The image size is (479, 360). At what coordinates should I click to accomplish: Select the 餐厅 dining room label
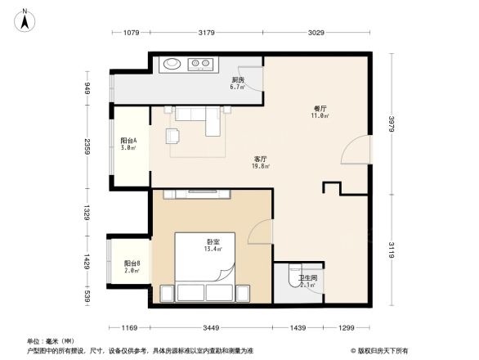(320, 111)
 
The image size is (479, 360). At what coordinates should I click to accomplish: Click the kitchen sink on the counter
(172, 63)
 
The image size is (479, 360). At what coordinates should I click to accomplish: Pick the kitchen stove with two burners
(201, 63)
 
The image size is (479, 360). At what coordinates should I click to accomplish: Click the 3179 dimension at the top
(206, 33)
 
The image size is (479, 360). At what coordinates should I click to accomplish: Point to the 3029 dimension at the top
(316, 33)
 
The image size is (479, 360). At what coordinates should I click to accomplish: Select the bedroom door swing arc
(260, 232)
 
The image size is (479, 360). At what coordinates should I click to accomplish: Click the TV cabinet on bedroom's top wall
(199, 193)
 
